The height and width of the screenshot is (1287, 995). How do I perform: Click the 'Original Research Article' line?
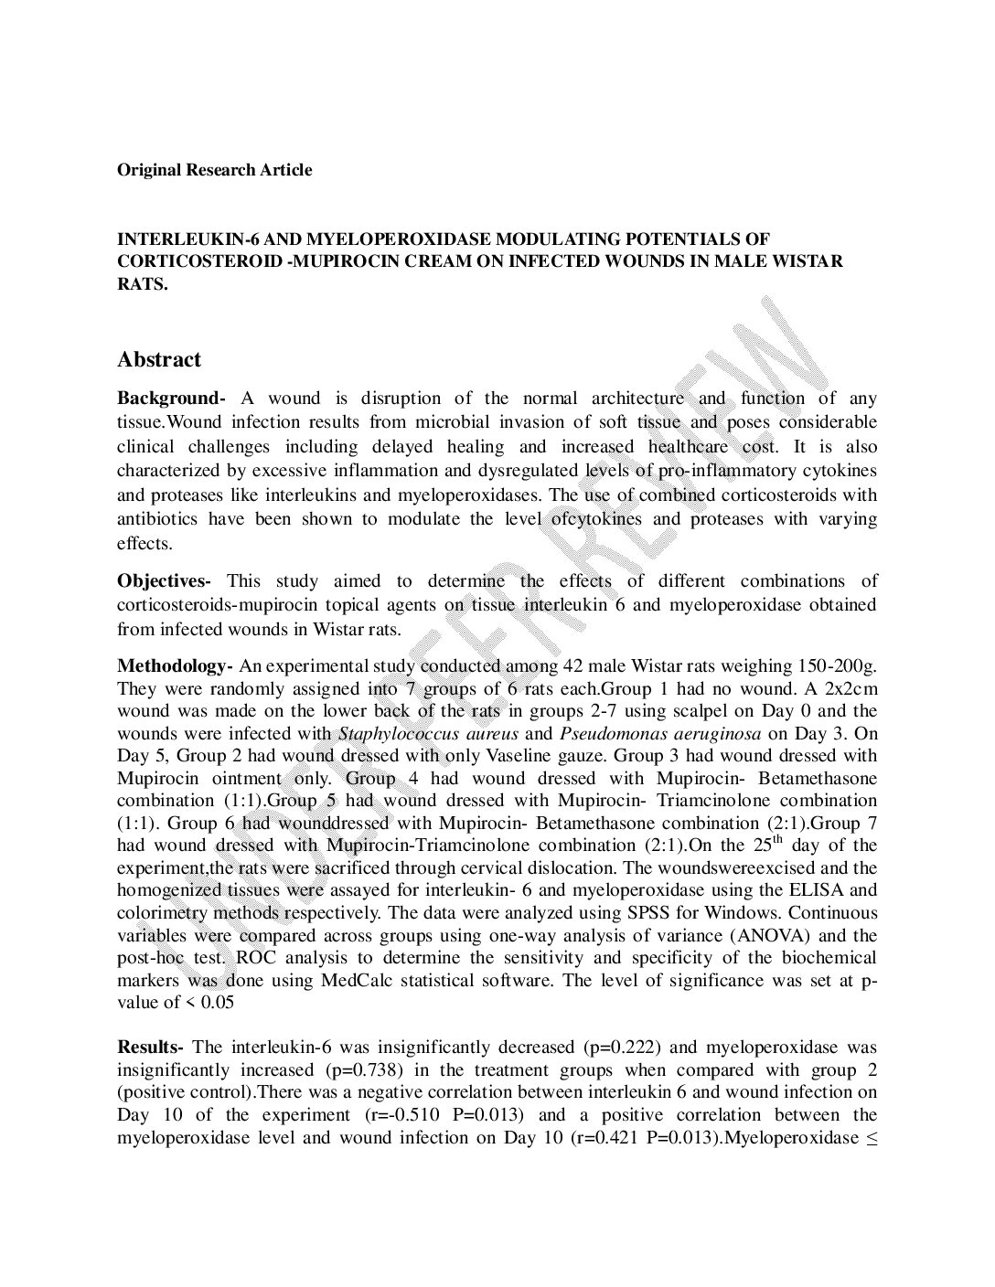click(x=214, y=170)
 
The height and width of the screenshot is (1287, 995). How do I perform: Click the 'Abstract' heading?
click(x=159, y=360)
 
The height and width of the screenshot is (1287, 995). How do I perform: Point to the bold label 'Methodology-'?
click(x=175, y=666)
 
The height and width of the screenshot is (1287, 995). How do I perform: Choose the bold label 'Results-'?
click(x=151, y=1048)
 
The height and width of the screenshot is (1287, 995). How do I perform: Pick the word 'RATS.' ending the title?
click(x=143, y=284)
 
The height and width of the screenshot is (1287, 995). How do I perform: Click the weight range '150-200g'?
click(x=837, y=666)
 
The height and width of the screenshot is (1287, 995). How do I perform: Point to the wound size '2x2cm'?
click(x=853, y=689)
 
